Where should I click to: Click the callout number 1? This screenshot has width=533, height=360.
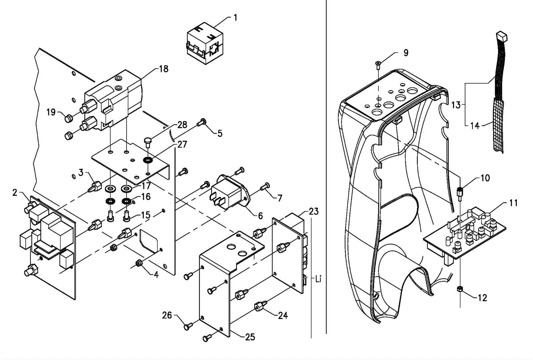click(x=235, y=18)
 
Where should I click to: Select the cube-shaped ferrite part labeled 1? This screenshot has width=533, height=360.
click(x=205, y=43)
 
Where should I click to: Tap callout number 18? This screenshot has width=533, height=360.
click(x=164, y=69)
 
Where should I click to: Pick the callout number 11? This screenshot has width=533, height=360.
click(x=513, y=203)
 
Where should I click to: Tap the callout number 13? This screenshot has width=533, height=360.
click(x=456, y=105)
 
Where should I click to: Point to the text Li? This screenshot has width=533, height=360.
click(x=318, y=279)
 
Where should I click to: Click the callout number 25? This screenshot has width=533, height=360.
click(x=250, y=337)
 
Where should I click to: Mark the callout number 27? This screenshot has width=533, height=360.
click(x=183, y=144)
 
